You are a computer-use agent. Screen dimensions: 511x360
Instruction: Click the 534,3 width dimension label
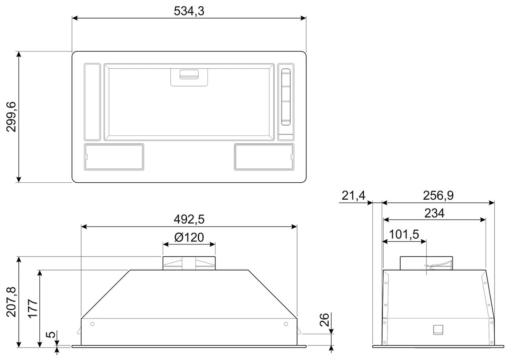[189, 11]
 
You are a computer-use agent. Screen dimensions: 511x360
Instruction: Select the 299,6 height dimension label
[11, 117]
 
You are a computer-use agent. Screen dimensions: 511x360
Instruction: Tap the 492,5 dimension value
[189, 219]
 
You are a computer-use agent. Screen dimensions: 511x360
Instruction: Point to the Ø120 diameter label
[189, 237]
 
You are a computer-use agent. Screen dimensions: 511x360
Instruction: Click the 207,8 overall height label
[11, 302]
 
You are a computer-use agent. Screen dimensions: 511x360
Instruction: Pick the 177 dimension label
[33, 309]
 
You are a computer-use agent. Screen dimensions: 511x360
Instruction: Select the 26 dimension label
[324, 320]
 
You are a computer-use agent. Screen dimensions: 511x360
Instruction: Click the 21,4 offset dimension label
[353, 195]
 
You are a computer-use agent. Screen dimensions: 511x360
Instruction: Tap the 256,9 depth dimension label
[438, 195]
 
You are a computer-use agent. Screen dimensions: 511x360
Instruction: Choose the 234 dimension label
[434, 213]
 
